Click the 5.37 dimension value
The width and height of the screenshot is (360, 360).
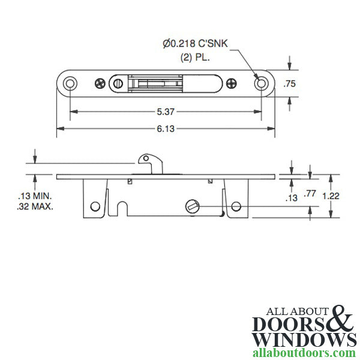pyautogui.click(x=166, y=112)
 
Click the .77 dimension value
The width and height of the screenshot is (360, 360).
pyautogui.click(x=310, y=193)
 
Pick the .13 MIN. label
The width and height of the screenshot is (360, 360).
pyautogui.click(x=35, y=196)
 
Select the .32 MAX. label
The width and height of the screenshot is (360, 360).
pyautogui.click(x=35, y=206)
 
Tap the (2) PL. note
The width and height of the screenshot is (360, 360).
pyautogui.click(x=193, y=58)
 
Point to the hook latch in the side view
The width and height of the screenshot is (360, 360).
pyautogui.click(x=146, y=163)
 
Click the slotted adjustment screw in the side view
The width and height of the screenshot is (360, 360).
pyautogui.click(x=191, y=206)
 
